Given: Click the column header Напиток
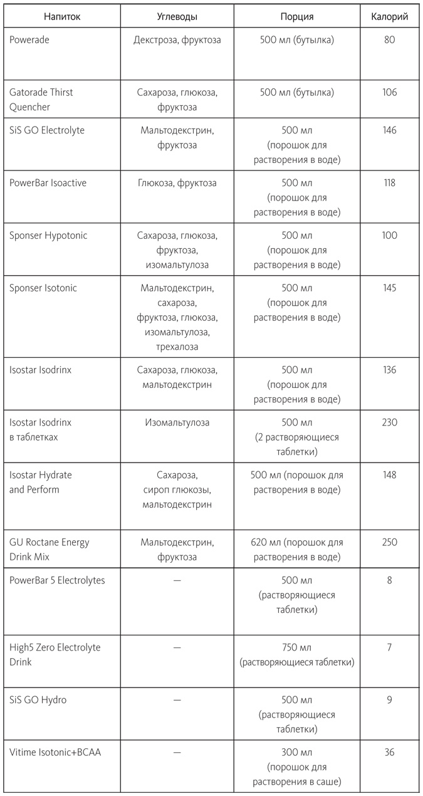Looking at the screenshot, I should [x=62, y=17].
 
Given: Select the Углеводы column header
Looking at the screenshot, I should [x=177, y=17].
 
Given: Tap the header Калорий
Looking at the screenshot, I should [x=389, y=17].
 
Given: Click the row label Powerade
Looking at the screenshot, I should [x=29, y=40].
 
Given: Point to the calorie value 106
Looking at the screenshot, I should [x=389, y=93].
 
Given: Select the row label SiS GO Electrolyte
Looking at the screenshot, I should [x=47, y=130].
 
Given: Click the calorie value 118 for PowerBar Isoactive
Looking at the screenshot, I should [x=389, y=183].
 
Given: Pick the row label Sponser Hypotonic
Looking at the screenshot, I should [x=48, y=236].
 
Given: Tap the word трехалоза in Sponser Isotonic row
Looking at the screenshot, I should [x=177, y=346].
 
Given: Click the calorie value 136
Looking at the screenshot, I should [x=389, y=370].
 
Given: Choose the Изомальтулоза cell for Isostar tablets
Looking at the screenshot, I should [x=177, y=422].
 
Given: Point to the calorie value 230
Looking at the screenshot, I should [x=389, y=422].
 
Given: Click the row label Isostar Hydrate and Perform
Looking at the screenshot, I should [x=40, y=482].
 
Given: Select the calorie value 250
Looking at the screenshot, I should [x=389, y=542].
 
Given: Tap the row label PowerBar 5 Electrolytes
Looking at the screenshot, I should [x=57, y=580].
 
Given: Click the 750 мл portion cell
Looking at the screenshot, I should [x=297, y=654].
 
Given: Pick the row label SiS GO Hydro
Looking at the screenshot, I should [x=38, y=700].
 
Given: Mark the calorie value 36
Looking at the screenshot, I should [x=389, y=752].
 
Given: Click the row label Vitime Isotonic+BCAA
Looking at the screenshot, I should [x=55, y=752].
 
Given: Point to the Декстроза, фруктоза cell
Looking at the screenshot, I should [x=177, y=40].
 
